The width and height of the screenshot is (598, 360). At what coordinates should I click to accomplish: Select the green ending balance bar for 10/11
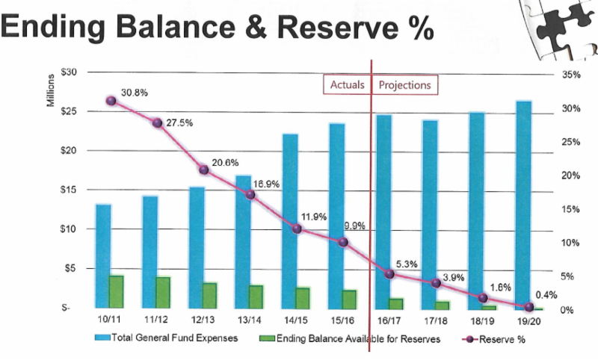(117, 291)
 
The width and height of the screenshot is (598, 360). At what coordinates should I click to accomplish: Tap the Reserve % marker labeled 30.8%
(111, 101)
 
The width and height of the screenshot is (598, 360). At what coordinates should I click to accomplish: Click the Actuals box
(347, 85)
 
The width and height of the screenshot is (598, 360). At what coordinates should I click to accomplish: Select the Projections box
(404, 85)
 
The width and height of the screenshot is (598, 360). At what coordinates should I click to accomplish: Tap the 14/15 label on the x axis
(295, 320)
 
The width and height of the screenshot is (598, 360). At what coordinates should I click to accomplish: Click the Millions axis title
(52, 90)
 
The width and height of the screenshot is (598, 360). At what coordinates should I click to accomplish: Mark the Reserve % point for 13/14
(250, 195)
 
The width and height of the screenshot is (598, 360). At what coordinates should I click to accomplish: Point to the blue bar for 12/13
(197, 246)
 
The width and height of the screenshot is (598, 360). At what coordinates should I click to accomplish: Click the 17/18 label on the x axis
(434, 320)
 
